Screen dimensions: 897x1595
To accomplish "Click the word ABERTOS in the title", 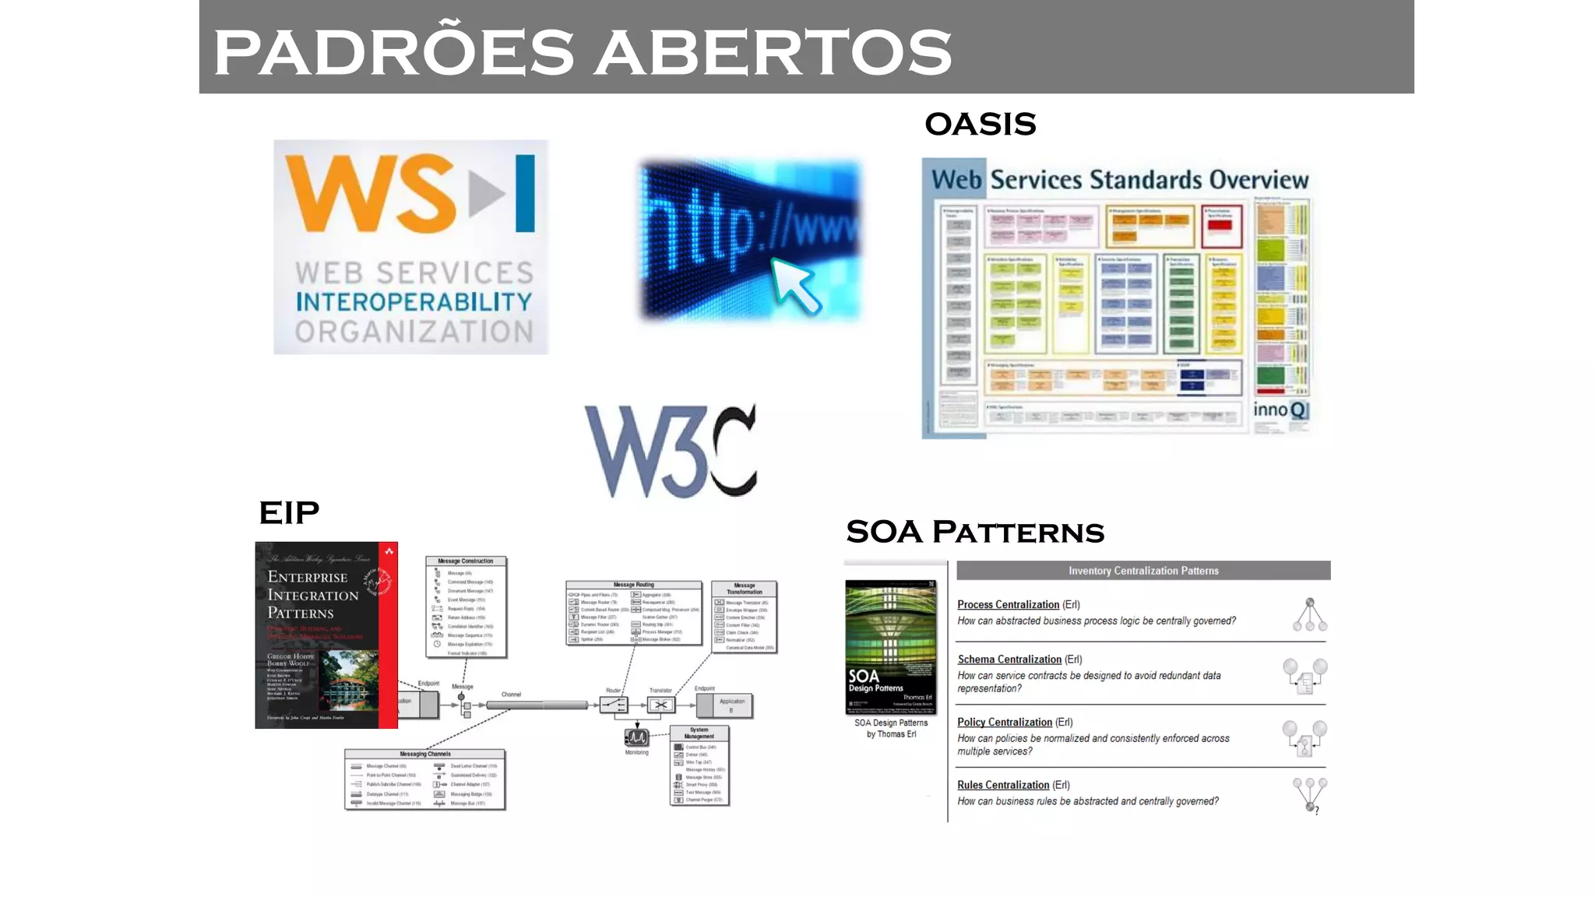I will tap(777, 53).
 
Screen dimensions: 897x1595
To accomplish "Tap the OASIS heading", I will tap(980, 125).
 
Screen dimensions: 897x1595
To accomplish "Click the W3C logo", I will tap(671, 451).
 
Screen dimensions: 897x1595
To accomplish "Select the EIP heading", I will tap(289, 513).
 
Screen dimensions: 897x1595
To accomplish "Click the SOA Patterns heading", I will tap(974, 533).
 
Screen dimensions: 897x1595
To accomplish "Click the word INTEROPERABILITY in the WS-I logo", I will tap(414, 302).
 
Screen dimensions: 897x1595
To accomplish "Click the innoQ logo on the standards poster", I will tap(1280, 410).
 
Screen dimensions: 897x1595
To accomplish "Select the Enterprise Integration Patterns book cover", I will tap(326, 635).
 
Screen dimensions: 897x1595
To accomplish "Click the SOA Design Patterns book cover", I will tap(891, 646).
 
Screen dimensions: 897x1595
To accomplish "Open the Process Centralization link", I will tap(1008, 605).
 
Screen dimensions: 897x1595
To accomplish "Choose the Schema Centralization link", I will tap(1009, 660).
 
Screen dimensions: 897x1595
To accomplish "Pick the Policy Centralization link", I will tap(1005, 723).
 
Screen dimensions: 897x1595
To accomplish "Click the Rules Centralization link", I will tap(1003, 785).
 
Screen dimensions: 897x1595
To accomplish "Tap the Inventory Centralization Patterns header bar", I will tap(1143, 571).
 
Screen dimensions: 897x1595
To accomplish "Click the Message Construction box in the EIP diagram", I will tap(466, 607).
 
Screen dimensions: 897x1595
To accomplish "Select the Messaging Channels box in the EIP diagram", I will tap(425, 779).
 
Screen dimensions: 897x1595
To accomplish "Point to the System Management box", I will tap(699, 766).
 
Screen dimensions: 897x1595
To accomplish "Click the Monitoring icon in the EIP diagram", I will tap(636, 737).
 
